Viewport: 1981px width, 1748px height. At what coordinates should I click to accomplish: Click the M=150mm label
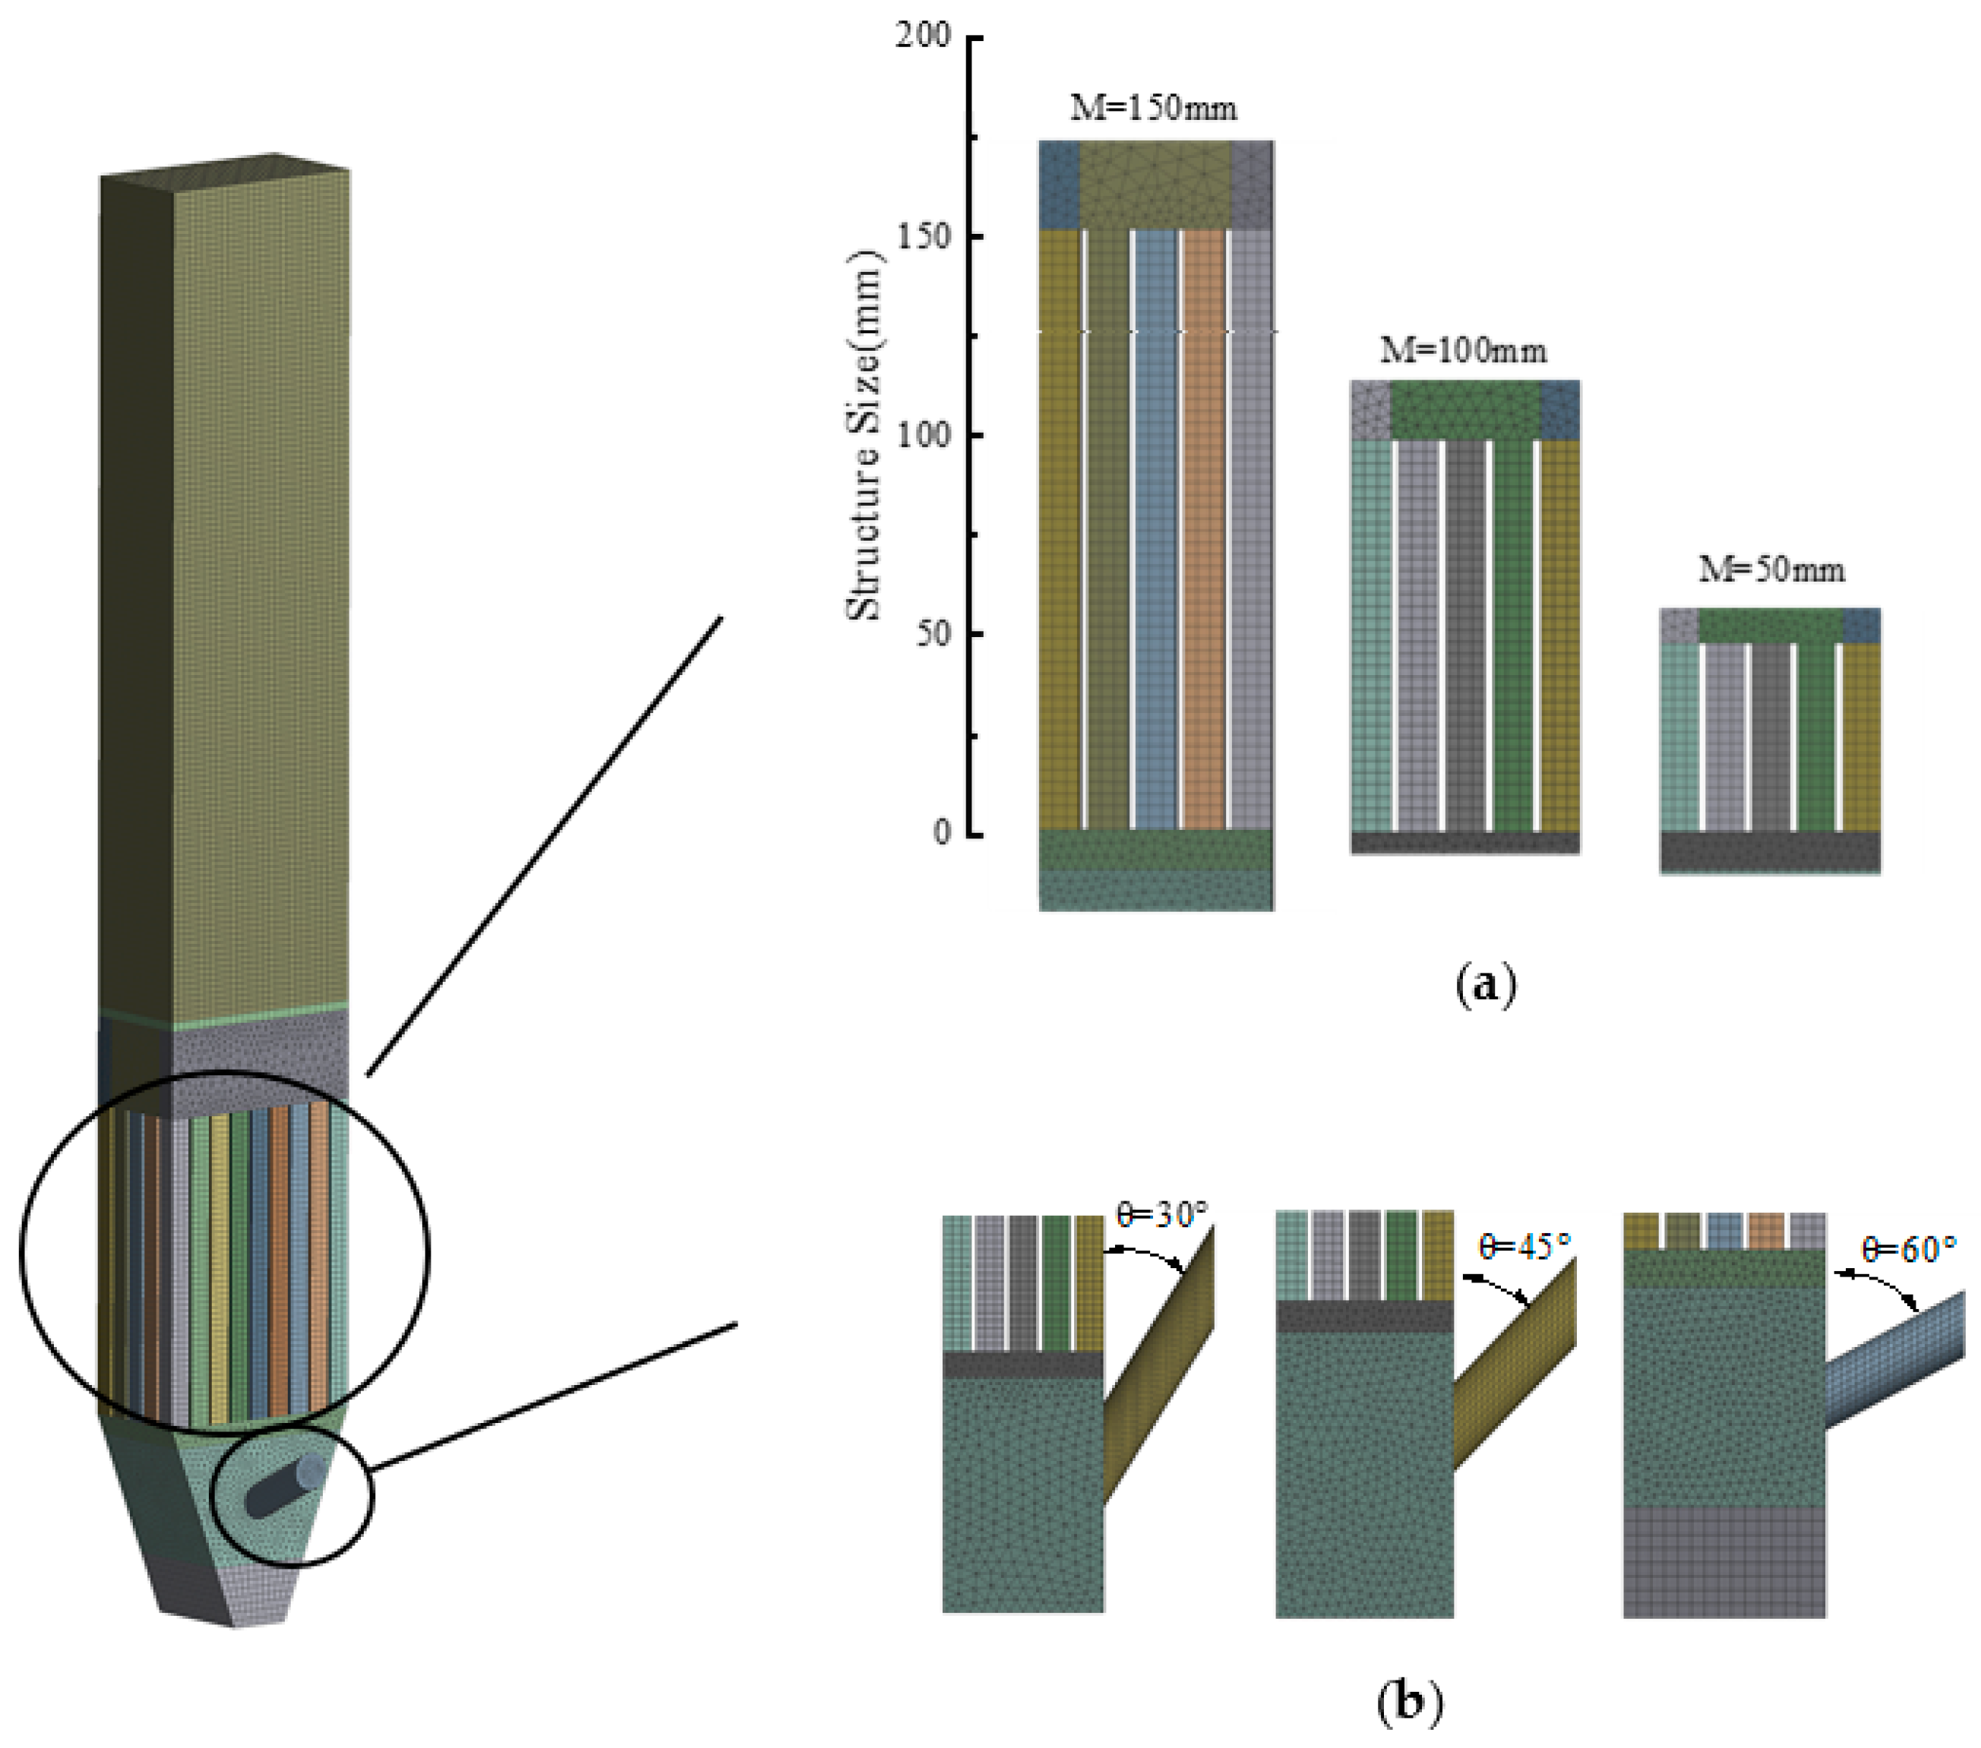[x=1153, y=108]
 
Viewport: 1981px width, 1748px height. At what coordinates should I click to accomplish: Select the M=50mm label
[x=1771, y=569]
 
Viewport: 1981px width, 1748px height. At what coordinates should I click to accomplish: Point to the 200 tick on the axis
[x=924, y=36]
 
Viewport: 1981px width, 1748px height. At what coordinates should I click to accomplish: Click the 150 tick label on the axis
[x=924, y=235]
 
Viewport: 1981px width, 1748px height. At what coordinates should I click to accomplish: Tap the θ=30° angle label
[x=1162, y=1214]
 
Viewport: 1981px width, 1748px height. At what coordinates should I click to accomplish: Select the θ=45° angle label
[x=1524, y=1246]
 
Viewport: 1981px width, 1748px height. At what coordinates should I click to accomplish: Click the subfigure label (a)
[x=1486, y=986]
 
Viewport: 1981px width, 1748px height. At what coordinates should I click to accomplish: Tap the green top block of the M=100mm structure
[x=1465, y=410]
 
